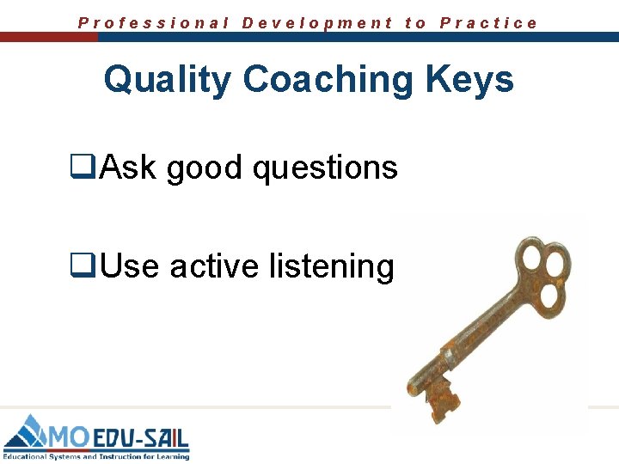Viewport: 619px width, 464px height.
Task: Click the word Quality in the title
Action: click(167, 80)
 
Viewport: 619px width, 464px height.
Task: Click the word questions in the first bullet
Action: click(324, 168)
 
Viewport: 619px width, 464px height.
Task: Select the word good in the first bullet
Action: click(205, 168)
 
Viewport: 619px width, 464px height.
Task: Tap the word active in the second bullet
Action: click(213, 267)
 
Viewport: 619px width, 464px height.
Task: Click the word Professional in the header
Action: click(154, 23)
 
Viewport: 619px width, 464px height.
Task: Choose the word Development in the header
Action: click(317, 23)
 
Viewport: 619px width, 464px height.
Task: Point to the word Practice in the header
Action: click(488, 23)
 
